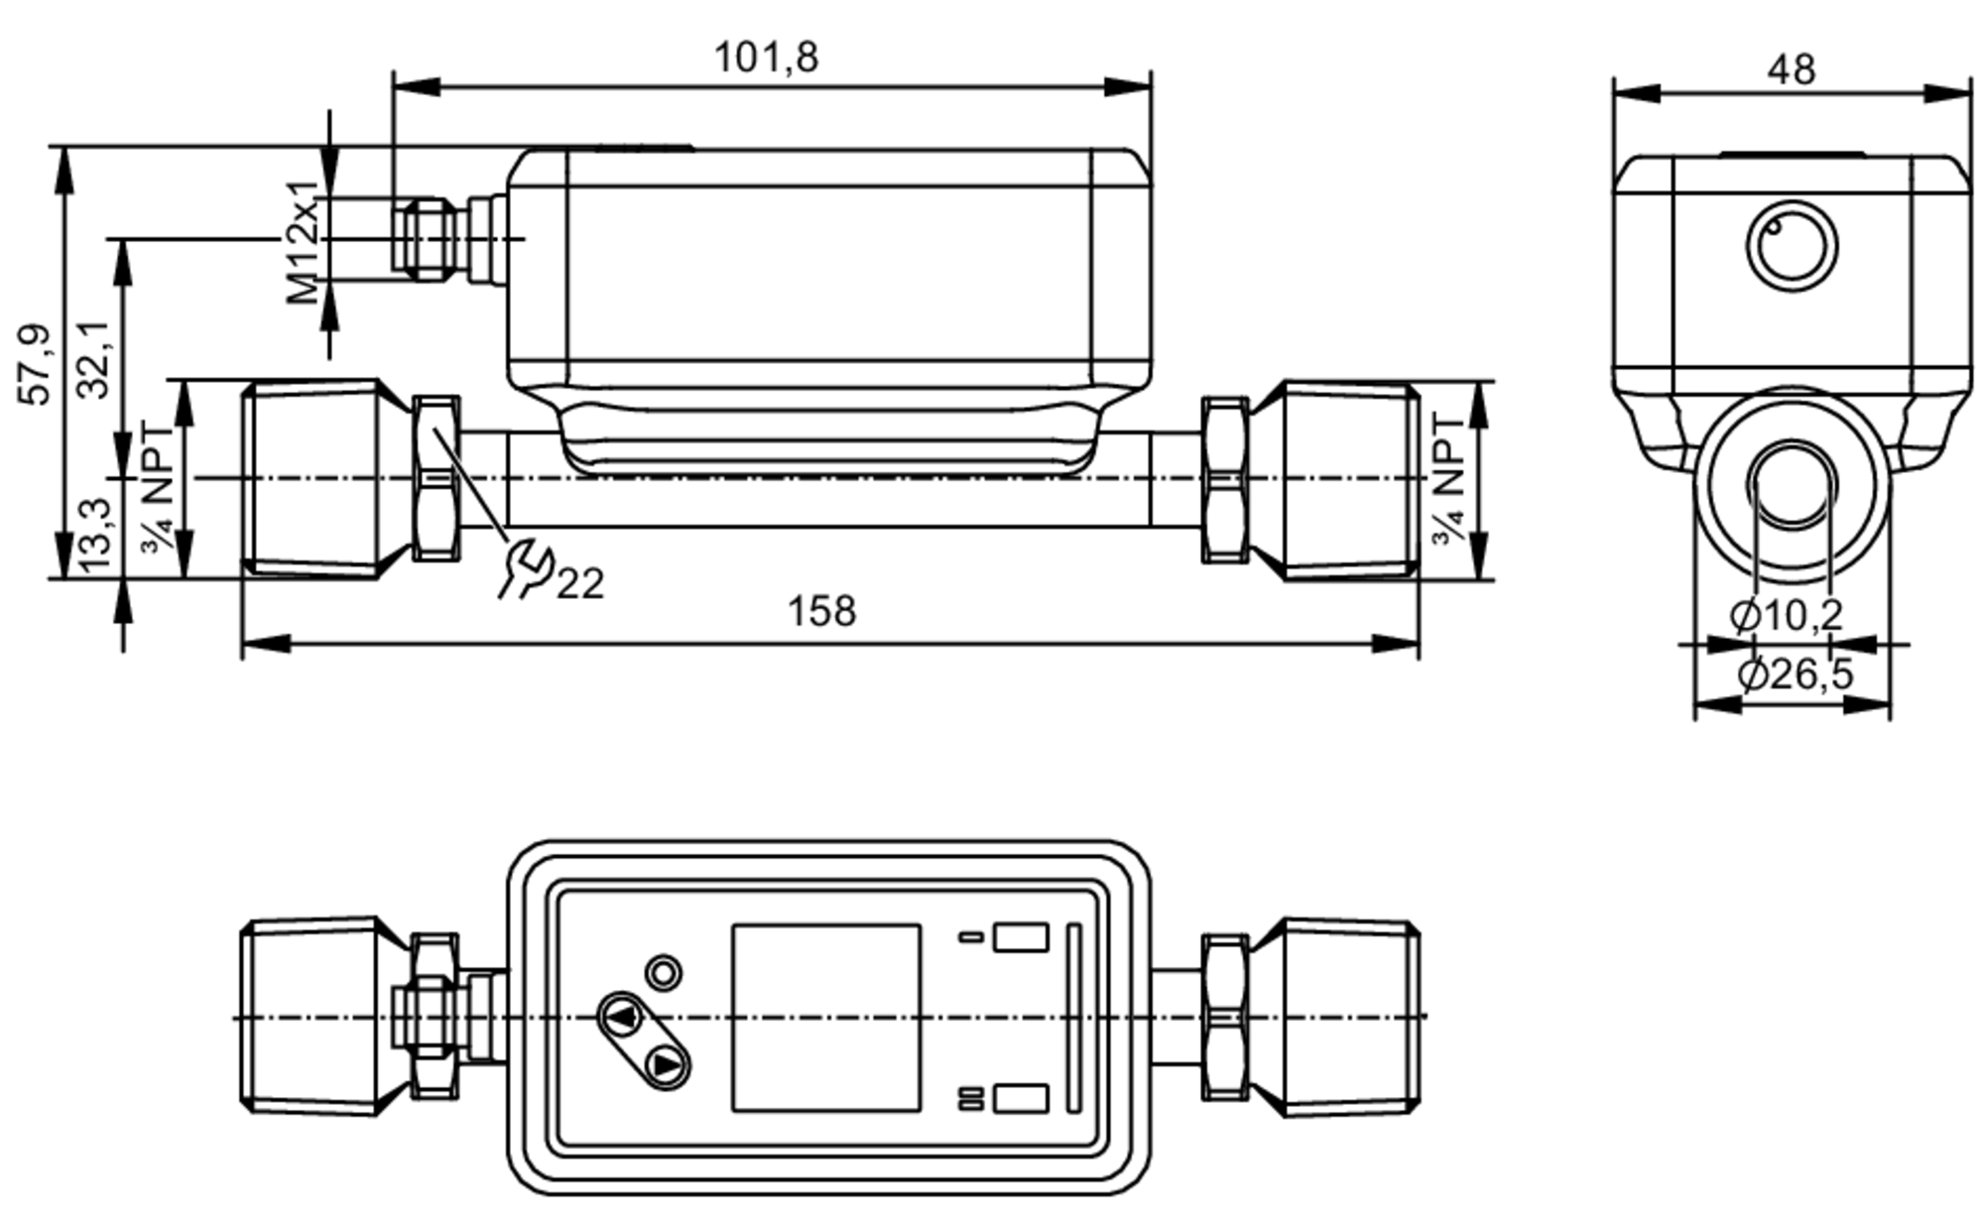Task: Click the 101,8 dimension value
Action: tap(766, 58)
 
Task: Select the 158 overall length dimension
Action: tap(820, 611)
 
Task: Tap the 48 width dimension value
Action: tap(1792, 69)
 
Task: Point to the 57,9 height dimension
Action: tap(35, 364)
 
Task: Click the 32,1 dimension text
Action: tap(95, 359)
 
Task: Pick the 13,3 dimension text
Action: tap(96, 537)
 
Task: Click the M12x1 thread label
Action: tap(305, 243)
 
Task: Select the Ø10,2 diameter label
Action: tap(1786, 615)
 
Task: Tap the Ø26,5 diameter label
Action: tap(1795, 675)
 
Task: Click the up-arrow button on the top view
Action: tap(622, 1017)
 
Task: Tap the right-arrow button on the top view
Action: tap(666, 1065)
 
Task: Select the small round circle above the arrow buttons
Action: tap(664, 972)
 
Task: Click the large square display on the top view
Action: tap(825, 1018)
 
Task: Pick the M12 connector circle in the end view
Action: tap(1792, 247)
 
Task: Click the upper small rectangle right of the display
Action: tap(1021, 936)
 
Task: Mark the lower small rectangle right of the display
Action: tap(1021, 1098)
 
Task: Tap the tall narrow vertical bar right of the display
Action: tap(1072, 1018)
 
